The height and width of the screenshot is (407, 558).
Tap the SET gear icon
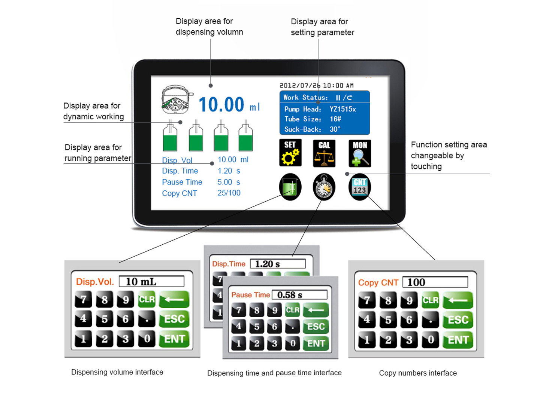[290, 153]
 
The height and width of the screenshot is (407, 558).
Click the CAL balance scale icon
[324, 153]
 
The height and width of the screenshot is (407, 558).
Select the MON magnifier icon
[360, 153]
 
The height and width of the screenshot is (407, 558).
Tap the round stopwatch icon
[324, 187]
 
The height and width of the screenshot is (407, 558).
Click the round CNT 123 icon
[359, 187]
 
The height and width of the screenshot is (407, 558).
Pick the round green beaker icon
[290, 187]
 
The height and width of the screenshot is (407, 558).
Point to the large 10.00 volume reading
[221, 105]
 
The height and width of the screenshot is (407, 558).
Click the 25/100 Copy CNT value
[229, 193]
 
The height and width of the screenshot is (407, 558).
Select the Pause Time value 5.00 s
[229, 182]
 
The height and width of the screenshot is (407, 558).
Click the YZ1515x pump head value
[343, 109]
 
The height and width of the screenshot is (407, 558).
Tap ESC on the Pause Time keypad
[316, 327]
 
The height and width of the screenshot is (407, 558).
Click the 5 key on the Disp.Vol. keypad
[104, 319]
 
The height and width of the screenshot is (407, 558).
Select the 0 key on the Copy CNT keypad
[431, 340]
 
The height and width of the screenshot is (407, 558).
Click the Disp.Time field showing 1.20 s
[277, 264]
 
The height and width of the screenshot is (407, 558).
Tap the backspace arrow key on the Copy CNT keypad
[458, 300]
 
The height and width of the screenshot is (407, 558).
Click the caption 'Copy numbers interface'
[417, 373]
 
